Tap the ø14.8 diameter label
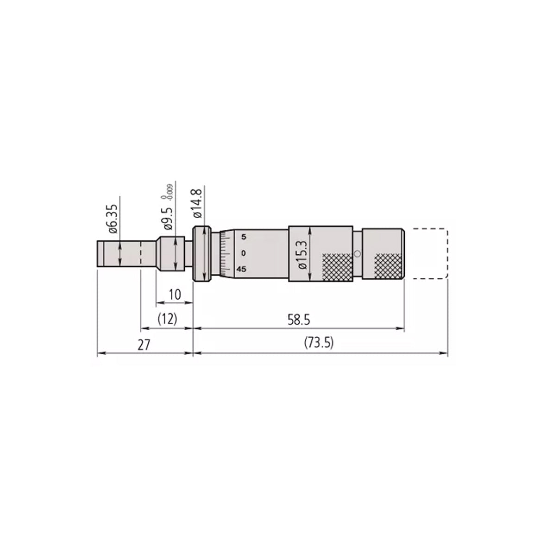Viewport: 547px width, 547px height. tap(196, 205)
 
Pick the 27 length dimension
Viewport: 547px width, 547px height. tap(144, 345)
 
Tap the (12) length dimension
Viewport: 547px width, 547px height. tap(167, 320)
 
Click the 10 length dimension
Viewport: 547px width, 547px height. tap(174, 294)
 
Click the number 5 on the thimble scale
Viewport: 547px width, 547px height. tap(244, 237)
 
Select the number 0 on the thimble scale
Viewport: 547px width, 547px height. tap(244, 253)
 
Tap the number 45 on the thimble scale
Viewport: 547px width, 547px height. tap(242, 269)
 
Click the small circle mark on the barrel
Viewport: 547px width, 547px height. tap(357, 253)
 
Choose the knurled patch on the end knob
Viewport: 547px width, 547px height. tap(388, 266)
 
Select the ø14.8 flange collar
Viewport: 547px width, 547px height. tap(202, 253)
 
